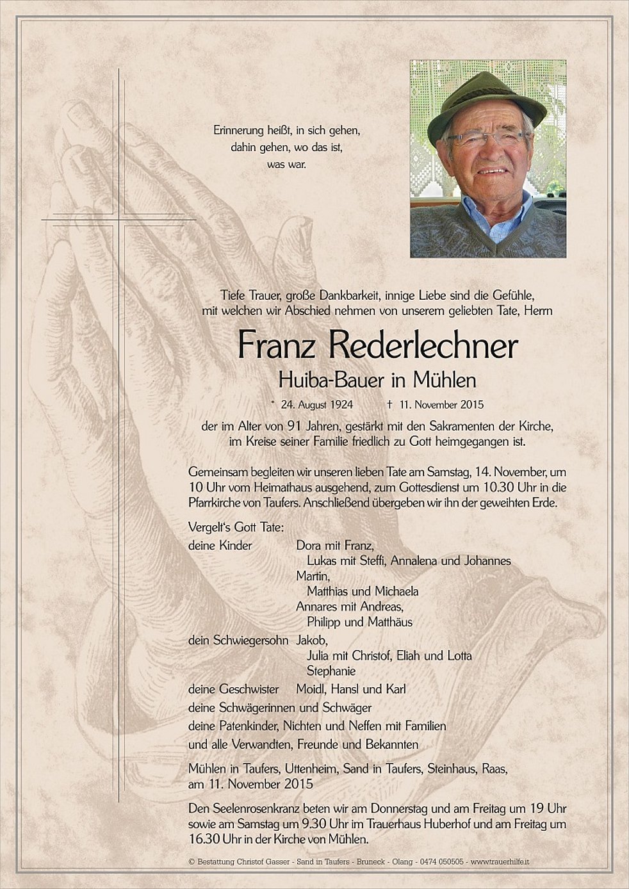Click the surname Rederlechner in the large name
click(x=423, y=347)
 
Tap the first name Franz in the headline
click(x=277, y=347)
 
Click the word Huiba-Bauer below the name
click(x=331, y=380)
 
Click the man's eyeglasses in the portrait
click(x=488, y=138)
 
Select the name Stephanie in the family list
click(x=331, y=671)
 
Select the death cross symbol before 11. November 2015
click(x=389, y=405)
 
